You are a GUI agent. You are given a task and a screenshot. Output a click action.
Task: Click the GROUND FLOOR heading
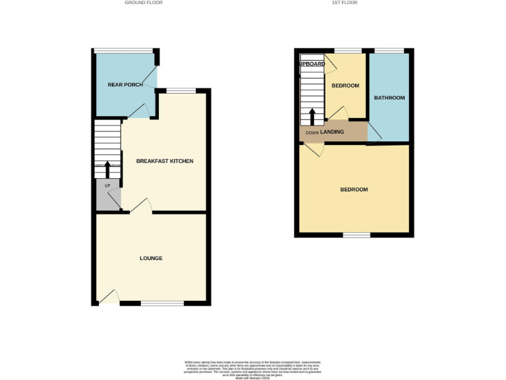tap(144, 3)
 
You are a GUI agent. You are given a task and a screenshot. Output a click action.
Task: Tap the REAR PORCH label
tap(125, 84)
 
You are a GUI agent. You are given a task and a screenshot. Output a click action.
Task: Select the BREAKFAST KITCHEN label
tap(165, 161)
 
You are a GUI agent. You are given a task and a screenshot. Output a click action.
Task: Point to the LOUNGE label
tap(151, 258)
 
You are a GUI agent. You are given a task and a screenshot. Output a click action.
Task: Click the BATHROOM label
tap(389, 98)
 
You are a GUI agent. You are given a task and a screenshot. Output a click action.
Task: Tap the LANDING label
tap(332, 132)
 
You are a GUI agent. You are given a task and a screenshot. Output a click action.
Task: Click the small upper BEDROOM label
tap(345, 86)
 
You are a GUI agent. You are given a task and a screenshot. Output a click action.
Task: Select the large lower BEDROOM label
tap(354, 189)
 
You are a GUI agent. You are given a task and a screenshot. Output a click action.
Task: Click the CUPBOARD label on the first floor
tap(312, 64)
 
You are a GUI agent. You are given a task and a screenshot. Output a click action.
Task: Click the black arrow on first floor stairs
tap(312, 116)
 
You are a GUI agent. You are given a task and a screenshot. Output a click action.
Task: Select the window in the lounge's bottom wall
tap(161, 303)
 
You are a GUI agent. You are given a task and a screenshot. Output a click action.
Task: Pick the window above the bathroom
tap(389, 50)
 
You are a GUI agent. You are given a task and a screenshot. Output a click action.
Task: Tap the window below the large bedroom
tap(356, 235)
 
